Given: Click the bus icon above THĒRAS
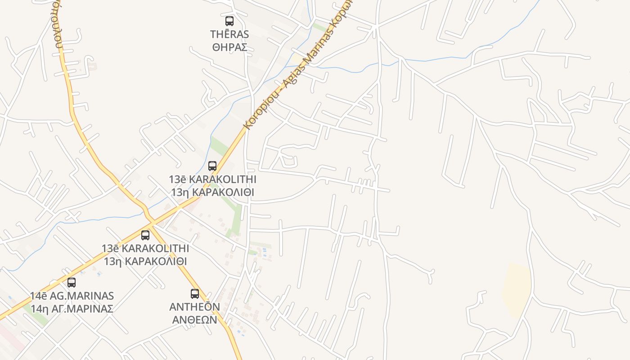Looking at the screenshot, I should click(x=229, y=21).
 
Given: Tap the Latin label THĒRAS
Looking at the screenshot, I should click(x=229, y=34).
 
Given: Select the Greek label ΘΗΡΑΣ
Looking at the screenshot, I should click(x=229, y=47).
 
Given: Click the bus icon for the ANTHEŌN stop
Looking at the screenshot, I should click(x=195, y=294).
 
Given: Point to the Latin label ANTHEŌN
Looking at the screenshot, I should click(x=194, y=307).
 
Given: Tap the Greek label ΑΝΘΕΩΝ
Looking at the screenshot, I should click(x=194, y=319).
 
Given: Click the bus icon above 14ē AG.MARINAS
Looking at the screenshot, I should click(x=72, y=283).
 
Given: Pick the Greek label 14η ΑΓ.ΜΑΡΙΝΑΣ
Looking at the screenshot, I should click(x=72, y=309).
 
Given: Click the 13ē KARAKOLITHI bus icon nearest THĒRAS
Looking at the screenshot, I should click(x=212, y=166).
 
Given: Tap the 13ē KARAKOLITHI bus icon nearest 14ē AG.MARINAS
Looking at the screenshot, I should click(x=145, y=235).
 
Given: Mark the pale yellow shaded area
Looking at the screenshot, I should click(x=517, y=288).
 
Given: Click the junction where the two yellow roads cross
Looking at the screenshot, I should click(x=152, y=221).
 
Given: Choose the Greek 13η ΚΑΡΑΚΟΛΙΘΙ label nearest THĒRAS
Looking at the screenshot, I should click(x=212, y=192).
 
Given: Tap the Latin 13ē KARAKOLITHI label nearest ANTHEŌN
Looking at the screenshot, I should click(x=145, y=248).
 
